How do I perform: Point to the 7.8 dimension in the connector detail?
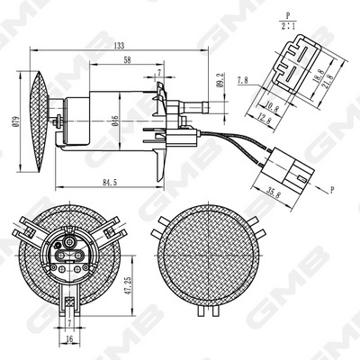click(244, 80)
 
